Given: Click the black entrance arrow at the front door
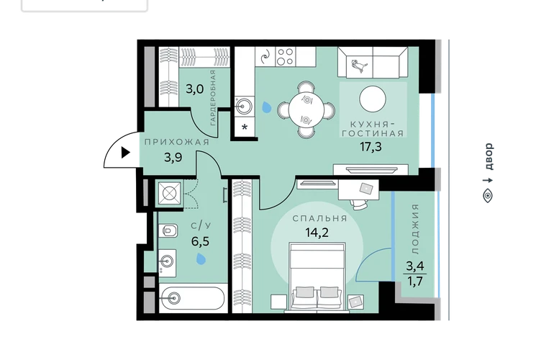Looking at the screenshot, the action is pyautogui.click(x=125, y=153).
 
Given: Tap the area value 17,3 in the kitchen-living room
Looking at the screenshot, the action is pyautogui.click(x=371, y=147).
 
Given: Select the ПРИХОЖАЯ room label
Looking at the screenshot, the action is pyautogui.click(x=177, y=142).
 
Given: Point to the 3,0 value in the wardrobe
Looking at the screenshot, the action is pyautogui.click(x=195, y=89).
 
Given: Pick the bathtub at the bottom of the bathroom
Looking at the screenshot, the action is pyautogui.click(x=192, y=299).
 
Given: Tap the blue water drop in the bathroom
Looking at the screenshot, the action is pyautogui.click(x=201, y=259).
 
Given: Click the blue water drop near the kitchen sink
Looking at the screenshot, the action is pyautogui.click(x=266, y=107).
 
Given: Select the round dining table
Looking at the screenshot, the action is pyautogui.click(x=306, y=109).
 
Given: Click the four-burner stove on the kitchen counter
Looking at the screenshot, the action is pyautogui.click(x=285, y=57).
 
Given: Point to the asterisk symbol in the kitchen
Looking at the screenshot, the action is pyautogui.click(x=245, y=127).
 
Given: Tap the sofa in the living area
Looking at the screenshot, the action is pyautogui.click(x=373, y=63).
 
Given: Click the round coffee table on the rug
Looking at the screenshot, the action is pyautogui.click(x=373, y=99).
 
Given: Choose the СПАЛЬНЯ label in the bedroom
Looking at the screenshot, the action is pyautogui.click(x=319, y=219).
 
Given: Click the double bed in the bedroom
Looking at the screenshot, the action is pyautogui.click(x=317, y=278).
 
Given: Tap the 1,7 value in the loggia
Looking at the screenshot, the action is pyautogui.click(x=415, y=281).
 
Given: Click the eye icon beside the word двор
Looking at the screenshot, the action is pyautogui.click(x=488, y=196).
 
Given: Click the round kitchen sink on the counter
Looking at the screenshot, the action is pyautogui.click(x=244, y=106).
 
